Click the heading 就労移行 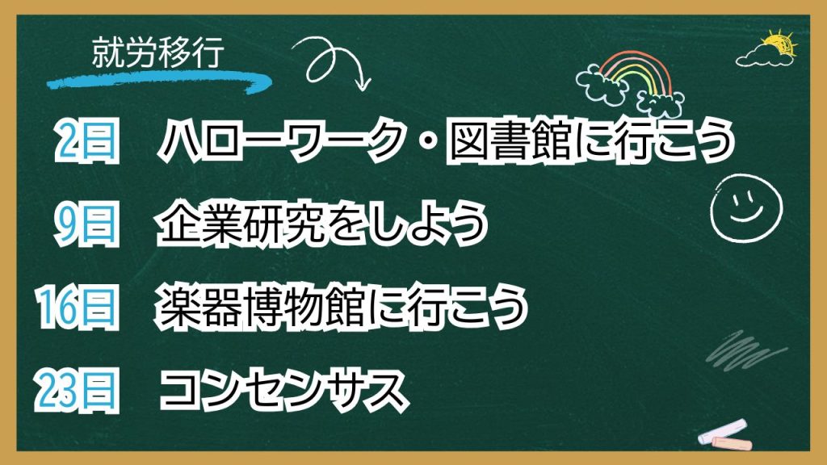[x=158, y=52]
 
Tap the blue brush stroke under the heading [x=158, y=82]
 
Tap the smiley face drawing [x=745, y=207]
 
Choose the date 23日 [x=77, y=390]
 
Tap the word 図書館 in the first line [x=510, y=140]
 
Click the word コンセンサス [x=283, y=390]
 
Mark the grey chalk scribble [x=745, y=349]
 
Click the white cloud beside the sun [x=764, y=56]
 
